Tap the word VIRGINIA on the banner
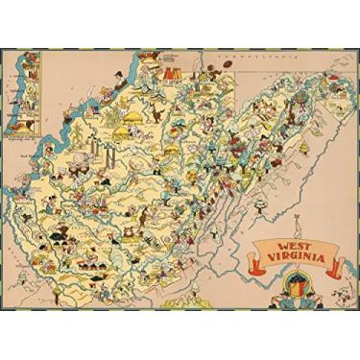(x=293, y=261)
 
